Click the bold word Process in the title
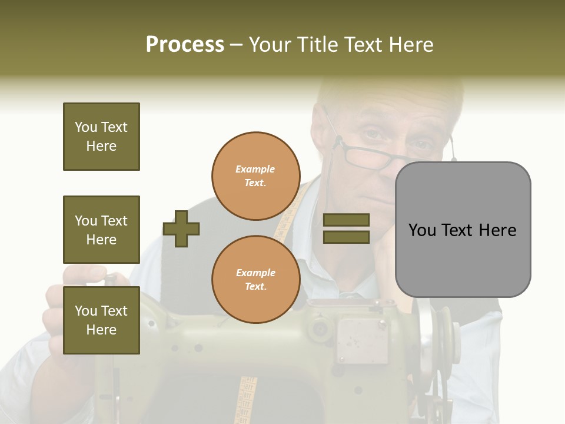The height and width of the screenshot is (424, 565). pos(185,45)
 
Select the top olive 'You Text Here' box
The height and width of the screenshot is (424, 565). pos(101,137)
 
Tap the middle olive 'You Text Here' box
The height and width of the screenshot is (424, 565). pos(101,230)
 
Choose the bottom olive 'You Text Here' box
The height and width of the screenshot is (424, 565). pos(101,320)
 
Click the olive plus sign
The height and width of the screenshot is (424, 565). pos(181,228)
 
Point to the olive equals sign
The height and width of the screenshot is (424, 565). pos(347,228)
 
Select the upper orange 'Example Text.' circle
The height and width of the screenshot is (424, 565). pos(255,176)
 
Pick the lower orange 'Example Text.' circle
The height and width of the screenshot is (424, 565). pos(255,280)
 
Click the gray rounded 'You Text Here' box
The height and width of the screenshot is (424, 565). pos(463,230)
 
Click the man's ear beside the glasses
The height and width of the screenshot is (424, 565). pos(323,132)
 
